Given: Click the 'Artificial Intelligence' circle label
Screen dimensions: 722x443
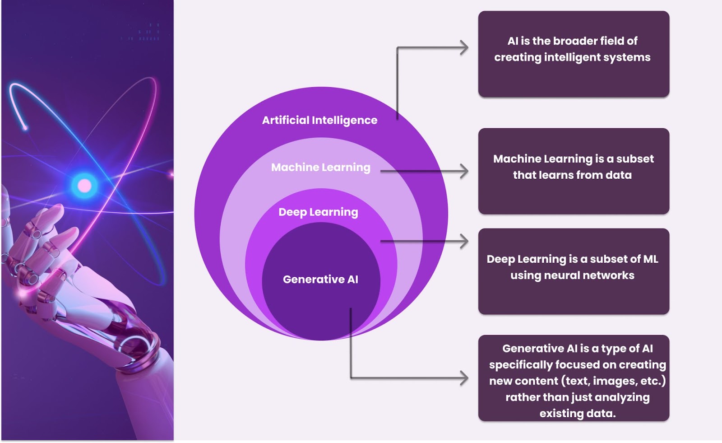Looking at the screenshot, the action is tap(319, 121).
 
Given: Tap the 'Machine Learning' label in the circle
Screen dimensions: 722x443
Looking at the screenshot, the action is tap(321, 168).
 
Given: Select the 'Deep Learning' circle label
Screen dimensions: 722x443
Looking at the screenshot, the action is tap(318, 212).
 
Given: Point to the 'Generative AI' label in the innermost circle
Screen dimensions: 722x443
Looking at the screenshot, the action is tap(320, 280).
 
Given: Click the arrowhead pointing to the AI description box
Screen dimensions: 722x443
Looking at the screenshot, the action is tap(464, 48).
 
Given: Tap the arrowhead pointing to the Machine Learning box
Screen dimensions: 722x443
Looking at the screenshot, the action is tap(464, 171).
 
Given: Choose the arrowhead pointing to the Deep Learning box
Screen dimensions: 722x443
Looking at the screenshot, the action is tap(464, 241).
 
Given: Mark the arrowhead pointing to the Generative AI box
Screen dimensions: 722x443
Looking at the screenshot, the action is tap(464, 378).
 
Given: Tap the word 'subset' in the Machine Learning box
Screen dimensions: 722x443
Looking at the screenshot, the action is tap(634, 159).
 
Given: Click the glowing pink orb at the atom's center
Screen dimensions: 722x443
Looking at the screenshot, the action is tap(85, 186).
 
